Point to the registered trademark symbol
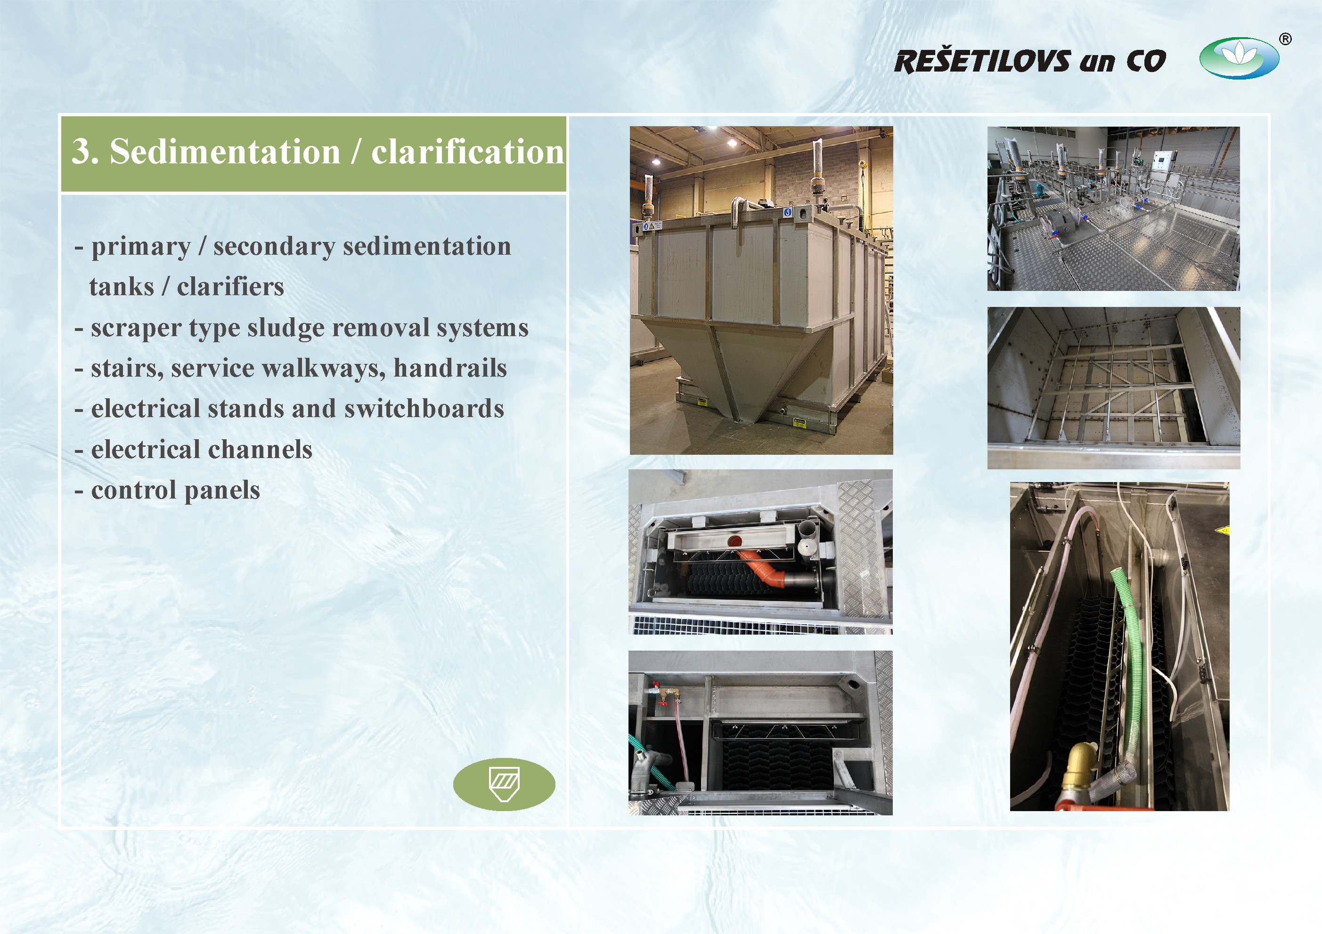pyautogui.click(x=1285, y=39)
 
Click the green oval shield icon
pyautogui.click(x=504, y=784)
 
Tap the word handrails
pyautogui.click(x=450, y=368)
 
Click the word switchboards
pyautogui.click(x=424, y=409)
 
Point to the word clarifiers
pyautogui.click(x=230, y=287)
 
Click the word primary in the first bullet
pyautogui.click(x=141, y=247)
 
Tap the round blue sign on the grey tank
pyautogui.click(x=788, y=212)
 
